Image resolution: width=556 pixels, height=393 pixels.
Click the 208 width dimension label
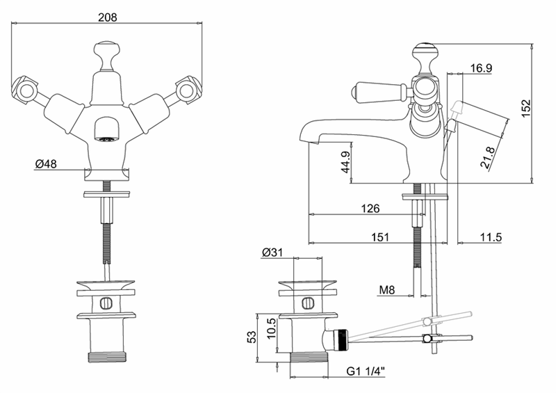pyautogui.click(x=108, y=17)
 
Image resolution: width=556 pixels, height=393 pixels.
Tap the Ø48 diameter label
pyautogui.click(x=46, y=163)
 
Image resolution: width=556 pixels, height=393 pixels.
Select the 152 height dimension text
pyautogui.click(x=526, y=108)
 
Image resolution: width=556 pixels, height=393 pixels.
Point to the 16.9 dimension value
pyautogui.click(x=481, y=67)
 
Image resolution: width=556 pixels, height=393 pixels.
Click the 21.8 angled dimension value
pyautogui.click(x=487, y=158)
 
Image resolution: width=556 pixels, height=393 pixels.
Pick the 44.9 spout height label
pyautogui.click(x=345, y=162)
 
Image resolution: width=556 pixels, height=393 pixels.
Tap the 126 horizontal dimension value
pyautogui.click(x=370, y=208)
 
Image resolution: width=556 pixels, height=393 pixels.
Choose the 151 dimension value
pyautogui.click(x=379, y=236)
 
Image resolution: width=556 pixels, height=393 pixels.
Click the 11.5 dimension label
pyautogui.click(x=491, y=236)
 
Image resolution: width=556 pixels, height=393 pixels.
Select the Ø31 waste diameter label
pyautogui.click(x=272, y=252)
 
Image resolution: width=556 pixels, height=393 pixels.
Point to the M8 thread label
pyautogui.click(x=387, y=290)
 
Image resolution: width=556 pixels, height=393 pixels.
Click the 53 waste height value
pyautogui.click(x=251, y=337)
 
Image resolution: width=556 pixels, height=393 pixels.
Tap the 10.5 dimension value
pyautogui.click(x=270, y=328)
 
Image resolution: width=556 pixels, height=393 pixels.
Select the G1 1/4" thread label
pyautogui.click(x=366, y=371)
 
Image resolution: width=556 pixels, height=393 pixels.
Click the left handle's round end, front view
pyautogui.click(x=26, y=91)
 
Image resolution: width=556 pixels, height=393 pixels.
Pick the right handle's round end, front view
pyautogui.click(x=186, y=90)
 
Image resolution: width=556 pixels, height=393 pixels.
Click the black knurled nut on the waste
pyautogui.click(x=342, y=340)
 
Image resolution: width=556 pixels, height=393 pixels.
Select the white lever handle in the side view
pyautogui.click(x=377, y=90)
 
